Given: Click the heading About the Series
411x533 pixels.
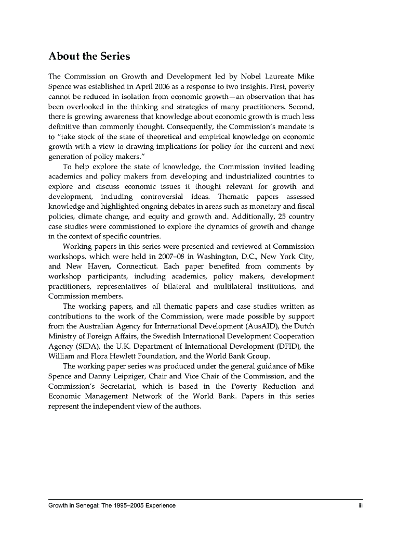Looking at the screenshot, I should coord(89,56).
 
